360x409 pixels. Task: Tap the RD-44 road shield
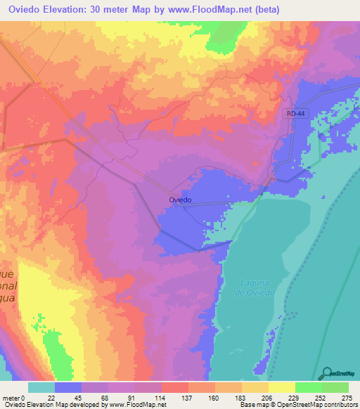coord(295,112)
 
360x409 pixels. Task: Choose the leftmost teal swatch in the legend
coord(41,387)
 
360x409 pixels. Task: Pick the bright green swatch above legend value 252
coord(309,387)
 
